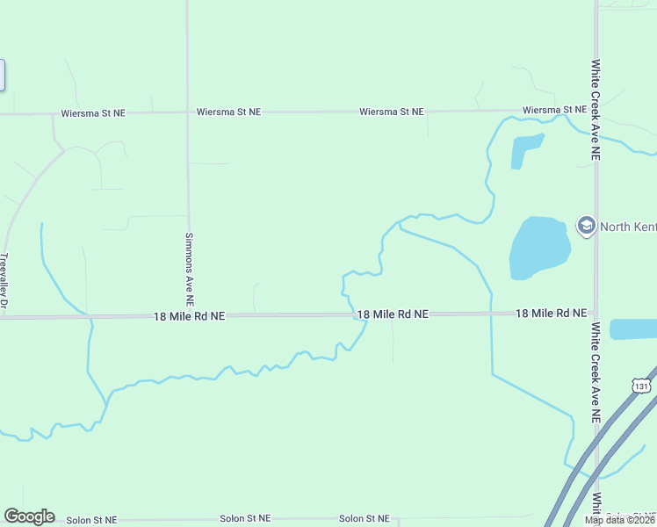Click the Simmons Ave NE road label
[189, 262]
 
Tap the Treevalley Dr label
[4, 280]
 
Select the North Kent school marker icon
[585, 226]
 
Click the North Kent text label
[627, 227]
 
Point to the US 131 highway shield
[642, 385]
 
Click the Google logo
[29, 516]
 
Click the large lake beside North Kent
[538, 248]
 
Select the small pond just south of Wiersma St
[524, 150]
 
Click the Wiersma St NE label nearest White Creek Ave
[554, 110]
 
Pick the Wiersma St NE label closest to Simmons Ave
[228, 112]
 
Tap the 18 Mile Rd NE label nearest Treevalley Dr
[190, 315]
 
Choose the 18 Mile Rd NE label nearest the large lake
[551, 313]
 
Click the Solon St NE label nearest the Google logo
[92, 520]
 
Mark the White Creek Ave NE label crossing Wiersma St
[596, 109]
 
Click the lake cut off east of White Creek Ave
[634, 329]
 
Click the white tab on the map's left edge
[3, 75]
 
